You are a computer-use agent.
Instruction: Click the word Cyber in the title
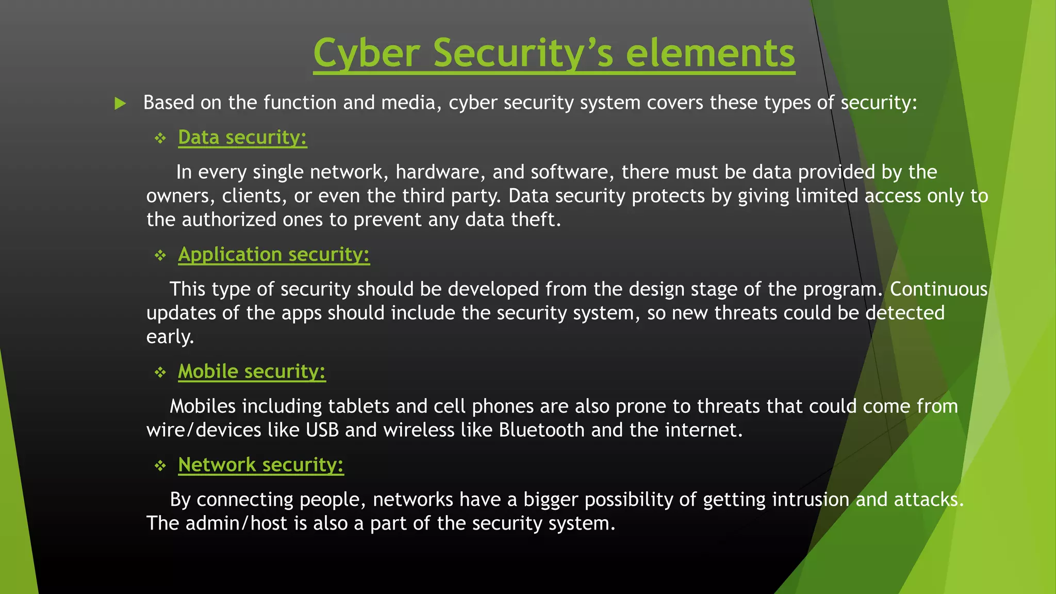coord(367,53)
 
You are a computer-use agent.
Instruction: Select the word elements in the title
coord(710,53)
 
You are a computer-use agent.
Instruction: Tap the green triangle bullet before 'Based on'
coord(120,103)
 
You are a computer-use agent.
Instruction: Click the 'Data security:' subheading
coord(242,138)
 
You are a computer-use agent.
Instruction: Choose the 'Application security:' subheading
coord(274,255)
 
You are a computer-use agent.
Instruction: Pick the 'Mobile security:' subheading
coord(252,372)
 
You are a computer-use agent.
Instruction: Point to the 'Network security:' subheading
coord(260,465)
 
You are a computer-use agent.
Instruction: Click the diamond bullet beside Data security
coord(160,138)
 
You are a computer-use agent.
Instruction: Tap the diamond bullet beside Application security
coord(160,255)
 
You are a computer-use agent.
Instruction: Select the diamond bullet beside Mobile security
coord(160,372)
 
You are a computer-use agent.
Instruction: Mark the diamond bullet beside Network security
coord(160,466)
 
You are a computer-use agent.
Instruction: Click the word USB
coord(322,430)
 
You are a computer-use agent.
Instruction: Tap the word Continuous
coord(938,289)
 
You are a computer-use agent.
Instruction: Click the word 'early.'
coord(170,337)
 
